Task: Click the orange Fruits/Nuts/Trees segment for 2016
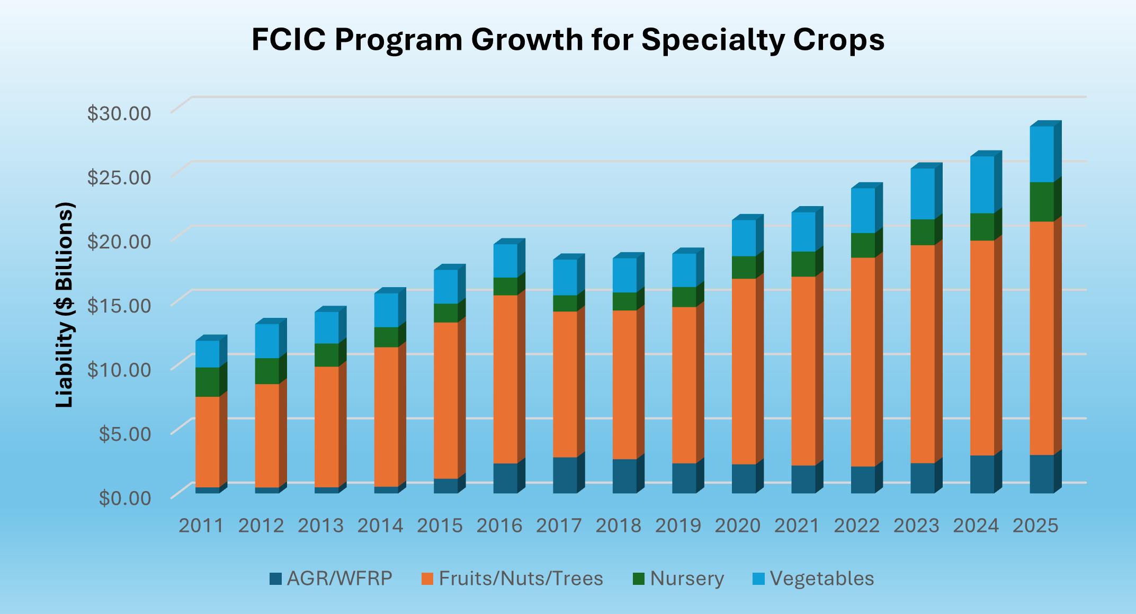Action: (x=506, y=379)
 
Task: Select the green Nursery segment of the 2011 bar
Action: (x=208, y=382)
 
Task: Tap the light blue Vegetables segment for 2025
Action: (x=1042, y=154)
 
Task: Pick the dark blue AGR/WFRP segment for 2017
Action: (x=565, y=475)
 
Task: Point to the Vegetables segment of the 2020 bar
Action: (x=744, y=238)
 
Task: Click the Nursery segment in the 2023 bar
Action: (x=923, y=232)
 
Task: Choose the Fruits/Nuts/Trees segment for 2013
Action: (x=327, y=426)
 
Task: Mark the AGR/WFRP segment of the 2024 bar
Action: (x=982, y=474)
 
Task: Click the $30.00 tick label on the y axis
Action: (x=119, y=113)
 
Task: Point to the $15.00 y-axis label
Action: (x=119, y=305)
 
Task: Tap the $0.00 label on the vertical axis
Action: (x=125, y=498)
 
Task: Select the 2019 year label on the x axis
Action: (x=678, y=526)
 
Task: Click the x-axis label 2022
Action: (x=857, y=526)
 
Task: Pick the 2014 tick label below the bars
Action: (x=380, y=526)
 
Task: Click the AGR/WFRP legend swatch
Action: (x=275, y=579)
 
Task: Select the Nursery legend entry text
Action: (x=687, y=579)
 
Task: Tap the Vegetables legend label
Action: (x=822, y=579)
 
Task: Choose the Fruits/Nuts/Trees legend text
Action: (x=521, y=579)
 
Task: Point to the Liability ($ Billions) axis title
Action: (x=65, y=305)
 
